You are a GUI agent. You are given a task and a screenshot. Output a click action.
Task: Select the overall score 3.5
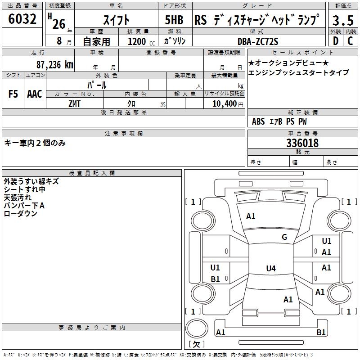coord(342,21)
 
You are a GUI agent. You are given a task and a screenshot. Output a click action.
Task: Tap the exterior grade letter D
coord(335,41)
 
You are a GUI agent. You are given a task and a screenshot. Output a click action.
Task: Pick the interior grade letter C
coord(350,41)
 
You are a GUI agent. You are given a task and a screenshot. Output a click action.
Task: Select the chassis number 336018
coord(302,143)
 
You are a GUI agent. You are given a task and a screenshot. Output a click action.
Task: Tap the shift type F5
coord(13,94)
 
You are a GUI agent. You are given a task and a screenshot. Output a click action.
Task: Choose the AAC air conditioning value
coord(34,94)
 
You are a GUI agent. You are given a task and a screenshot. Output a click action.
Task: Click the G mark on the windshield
coord(284,237)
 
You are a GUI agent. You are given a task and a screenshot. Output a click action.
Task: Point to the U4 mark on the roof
coord(270,269)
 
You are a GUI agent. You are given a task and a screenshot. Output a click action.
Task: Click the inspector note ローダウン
coord(21,214)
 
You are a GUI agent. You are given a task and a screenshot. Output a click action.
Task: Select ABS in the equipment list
coord(258,121)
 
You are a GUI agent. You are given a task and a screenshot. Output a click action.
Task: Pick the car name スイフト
coord(116,20)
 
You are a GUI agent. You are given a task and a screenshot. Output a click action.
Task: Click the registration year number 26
coord(58,23)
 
